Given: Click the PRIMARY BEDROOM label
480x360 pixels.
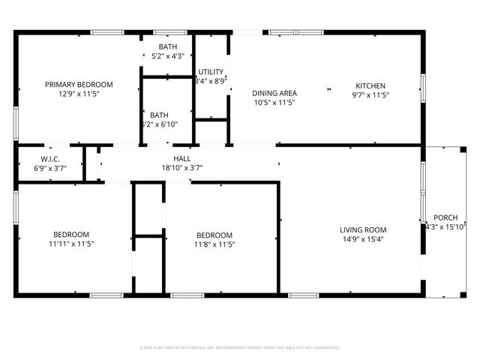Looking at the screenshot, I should (x=79, y=85).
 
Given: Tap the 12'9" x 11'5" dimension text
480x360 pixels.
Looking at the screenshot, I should (x=79, y=94).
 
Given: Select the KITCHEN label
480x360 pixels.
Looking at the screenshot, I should (x=370, y=85).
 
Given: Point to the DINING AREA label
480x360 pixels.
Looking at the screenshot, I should (x=274, y=93).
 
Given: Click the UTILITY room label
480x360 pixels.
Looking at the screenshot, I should (x=210, y=72).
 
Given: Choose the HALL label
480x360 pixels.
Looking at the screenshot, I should (x=181, y=159).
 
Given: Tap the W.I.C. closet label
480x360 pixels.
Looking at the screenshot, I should (x=50, y=159).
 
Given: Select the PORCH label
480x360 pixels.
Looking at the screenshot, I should (x=445, y=217).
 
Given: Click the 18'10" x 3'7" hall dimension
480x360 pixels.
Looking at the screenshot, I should (x=181, y=169).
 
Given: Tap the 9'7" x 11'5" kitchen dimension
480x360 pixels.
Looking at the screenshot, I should (x=370, y=95).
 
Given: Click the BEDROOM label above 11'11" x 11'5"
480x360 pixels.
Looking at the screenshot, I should (x=71, y=234).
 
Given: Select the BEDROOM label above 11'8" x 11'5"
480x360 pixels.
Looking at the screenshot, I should (x=214, y=235).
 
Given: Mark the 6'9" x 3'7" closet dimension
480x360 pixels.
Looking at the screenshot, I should (x=50, y=169).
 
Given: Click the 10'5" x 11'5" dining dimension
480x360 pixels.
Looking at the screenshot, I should (x=274, y=103).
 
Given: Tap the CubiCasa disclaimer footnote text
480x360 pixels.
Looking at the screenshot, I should (x=240, y=348).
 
